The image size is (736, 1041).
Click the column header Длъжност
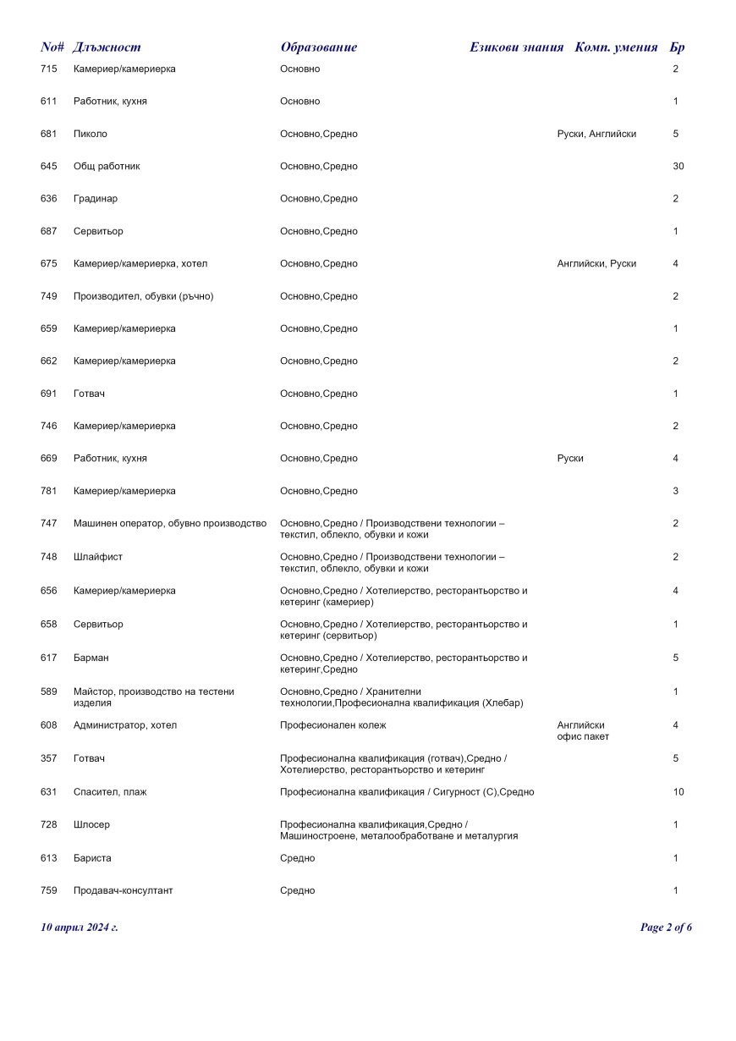point(107,47)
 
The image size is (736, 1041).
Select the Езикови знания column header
point(516,47)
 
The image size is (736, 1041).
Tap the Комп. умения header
point(616,47)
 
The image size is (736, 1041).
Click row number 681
point(48,134)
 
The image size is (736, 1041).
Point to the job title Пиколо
point(91,134)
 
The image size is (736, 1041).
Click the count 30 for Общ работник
point(678,167)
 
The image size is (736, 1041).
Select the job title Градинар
point(96,199)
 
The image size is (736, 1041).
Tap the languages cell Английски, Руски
point(596,264)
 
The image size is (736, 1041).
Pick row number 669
point(48,459)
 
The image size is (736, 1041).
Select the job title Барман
point(91,658)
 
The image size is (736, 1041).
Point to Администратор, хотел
point(125,725)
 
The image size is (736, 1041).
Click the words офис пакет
point(583,736)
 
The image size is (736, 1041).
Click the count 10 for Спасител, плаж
point(678,792)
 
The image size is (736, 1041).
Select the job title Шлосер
point(91,824)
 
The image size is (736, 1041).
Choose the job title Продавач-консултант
point(123,890)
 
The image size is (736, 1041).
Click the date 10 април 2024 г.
point(80,928)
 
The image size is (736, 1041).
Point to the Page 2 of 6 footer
point(666,928)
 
